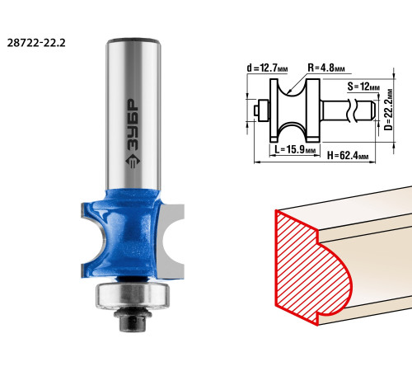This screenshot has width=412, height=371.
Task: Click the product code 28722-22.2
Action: [36, 43]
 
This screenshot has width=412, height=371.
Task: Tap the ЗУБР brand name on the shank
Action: [133, 124]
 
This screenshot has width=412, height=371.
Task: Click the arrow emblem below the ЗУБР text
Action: [133, 162]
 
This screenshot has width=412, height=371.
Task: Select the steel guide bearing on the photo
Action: [133, 296]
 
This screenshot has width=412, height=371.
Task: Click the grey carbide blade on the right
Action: [171, 242]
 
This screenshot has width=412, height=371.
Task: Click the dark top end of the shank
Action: [133, 40]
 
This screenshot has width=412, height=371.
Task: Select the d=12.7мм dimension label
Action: [267, 68]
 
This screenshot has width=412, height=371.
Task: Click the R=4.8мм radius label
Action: [326, 68]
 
